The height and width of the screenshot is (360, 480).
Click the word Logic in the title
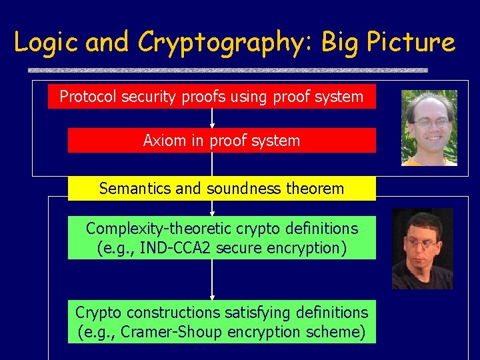click(46, 42)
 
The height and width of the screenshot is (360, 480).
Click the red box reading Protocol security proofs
click(211, 97)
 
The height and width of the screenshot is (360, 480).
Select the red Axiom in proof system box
click(221, 141)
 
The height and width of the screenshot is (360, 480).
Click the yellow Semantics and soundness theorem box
click(221, 189)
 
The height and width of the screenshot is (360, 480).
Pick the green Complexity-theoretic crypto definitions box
click(221, 238)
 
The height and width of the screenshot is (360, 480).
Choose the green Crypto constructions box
click(221, 322)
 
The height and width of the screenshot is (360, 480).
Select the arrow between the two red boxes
click(212, 118)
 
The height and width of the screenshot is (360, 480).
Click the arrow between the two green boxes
click(212, 280)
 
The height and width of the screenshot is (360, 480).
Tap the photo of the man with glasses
click(429, 127)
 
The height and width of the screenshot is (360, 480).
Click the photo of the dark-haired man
click(422, 249)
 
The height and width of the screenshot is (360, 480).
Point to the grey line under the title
click(227, 69)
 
